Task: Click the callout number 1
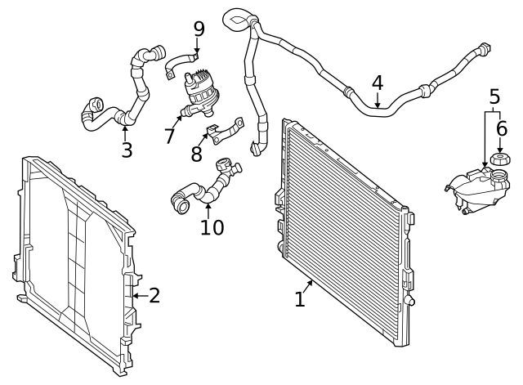tap(299, 300)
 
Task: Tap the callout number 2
tap(154, 295)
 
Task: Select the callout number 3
tap(126, 150)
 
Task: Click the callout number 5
tap(494, 97)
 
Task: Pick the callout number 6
tap(501, 128)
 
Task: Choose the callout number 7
tap(169, 136)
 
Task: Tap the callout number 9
tap(198, 29)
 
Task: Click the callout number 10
tap(211, 226)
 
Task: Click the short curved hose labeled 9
tap(181, 60)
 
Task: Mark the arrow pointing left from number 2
tap(137, 295)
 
